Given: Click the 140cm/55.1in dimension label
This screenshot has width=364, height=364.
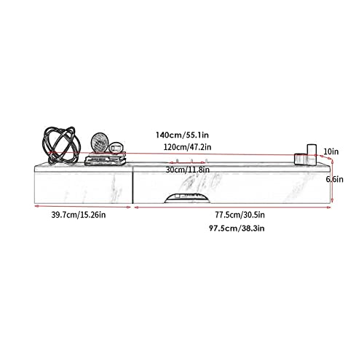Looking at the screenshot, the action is point(182,135).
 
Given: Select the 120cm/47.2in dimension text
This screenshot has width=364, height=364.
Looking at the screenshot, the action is point(187,147).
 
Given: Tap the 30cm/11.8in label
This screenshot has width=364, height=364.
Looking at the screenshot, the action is point(187,170).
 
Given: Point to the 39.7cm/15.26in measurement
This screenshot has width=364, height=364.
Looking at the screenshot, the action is point(79,215).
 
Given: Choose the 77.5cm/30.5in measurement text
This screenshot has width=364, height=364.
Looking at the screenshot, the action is point(240,215).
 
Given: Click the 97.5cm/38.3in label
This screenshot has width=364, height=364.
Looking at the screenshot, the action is point(237,229).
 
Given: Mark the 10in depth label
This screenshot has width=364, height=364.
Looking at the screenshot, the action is point(331,151).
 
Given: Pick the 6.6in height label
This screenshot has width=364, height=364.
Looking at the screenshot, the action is point(335,179).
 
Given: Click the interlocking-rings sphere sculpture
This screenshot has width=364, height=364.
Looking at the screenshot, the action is point(61,145).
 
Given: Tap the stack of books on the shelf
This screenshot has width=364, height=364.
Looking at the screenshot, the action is point(106,159).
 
